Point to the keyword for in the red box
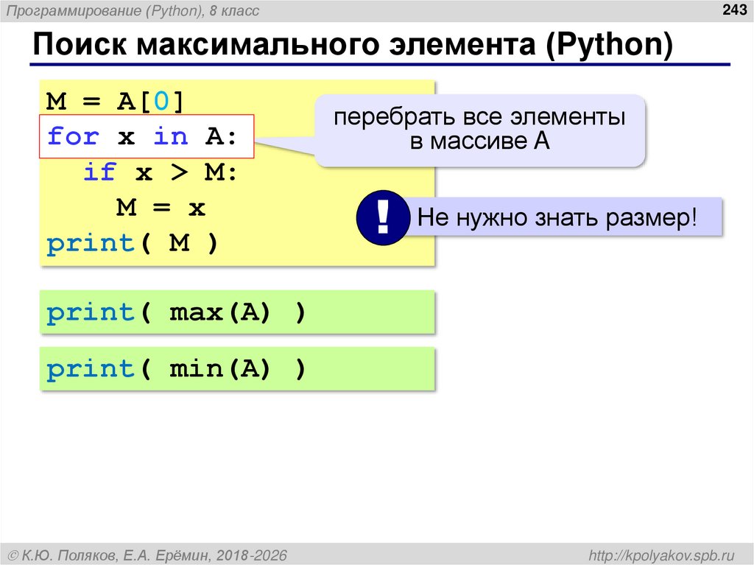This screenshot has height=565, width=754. pos(73,136)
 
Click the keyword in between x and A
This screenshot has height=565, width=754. pos(171,136)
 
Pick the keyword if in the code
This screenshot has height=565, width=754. pos(99,172)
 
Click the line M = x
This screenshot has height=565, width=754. pos(161,208)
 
